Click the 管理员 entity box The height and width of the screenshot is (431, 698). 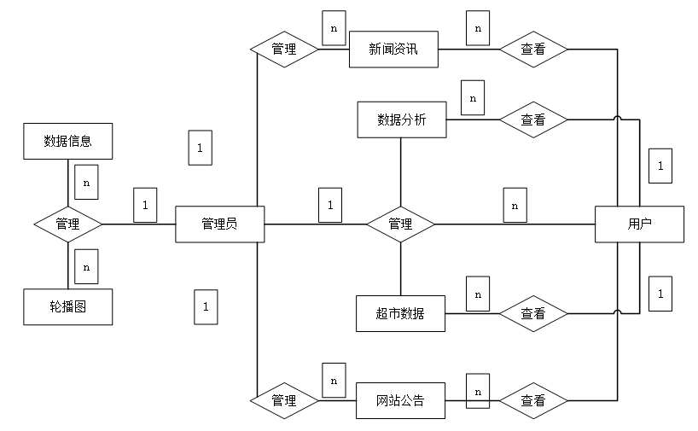[x=219, y=224]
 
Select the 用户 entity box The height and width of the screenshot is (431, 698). [x=639, y=224]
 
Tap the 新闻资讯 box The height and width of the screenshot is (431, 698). [x=393, y=50]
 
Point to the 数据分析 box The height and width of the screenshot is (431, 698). [x=401, y=120]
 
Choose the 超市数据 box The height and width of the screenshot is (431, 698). [x=400, y=313]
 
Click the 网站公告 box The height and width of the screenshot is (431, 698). [x=400, y=399]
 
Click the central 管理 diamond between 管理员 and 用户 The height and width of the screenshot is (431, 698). [x=400, y=224]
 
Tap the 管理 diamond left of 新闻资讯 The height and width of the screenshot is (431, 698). [x=284, y=50]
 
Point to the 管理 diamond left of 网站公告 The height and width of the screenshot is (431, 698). [x=284, y=399]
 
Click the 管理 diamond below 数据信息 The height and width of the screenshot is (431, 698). [x=67, y=224]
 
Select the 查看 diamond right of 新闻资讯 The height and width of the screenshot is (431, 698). [x=533, y=50]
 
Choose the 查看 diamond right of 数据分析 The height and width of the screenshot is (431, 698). [x=533, y=120]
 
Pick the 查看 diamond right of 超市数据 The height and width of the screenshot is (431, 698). [x=533, y=313]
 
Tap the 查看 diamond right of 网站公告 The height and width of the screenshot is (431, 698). [x=533, y=399]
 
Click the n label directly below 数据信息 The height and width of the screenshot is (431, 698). [x=86, y=182]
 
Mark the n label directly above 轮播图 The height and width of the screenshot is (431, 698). [x=86, y=266]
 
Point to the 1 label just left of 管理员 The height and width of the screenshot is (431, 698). [x=145, y=205]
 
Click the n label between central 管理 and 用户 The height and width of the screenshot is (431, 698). [x=514, y=206]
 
